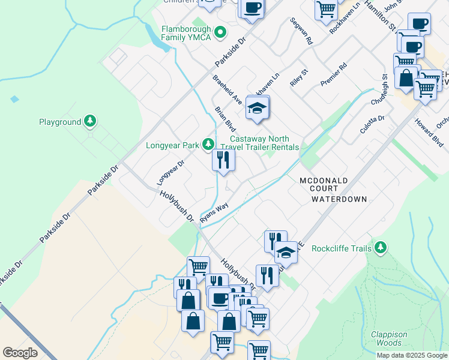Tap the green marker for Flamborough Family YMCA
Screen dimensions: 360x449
click(x=220, y=32)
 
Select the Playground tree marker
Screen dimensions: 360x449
click(x=90, y=122)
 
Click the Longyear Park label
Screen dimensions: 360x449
click(x=173, y=145)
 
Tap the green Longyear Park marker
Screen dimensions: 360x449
click(x=208, y=144)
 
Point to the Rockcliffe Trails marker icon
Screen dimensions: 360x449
click(x=379, y=247)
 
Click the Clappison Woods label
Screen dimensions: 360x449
click(x=389, y=338)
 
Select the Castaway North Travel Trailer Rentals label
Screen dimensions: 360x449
click(x=260, y=143)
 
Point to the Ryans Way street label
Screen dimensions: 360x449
click(x=214, y=213)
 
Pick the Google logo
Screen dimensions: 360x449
click(x=20, y=353)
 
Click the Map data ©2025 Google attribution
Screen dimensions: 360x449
click(x=411, y=355)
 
